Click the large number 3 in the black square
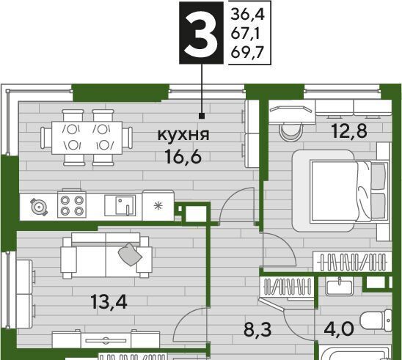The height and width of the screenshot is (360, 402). click(x=202, y=33)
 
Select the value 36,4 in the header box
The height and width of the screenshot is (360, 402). click(x=247, y=14)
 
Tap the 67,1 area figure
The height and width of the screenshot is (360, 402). click(x=245, y=34)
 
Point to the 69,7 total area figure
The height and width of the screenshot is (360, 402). click(x=247, y=53)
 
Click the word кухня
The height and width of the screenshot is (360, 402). click(x=183, y=135)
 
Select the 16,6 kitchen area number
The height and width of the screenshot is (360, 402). click(x=183, y=157)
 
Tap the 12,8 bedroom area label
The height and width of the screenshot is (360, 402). click(x=349, y=131)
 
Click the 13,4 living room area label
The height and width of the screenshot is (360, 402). click(x=109, y=301)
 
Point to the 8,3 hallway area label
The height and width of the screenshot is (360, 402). click(x=257, y=329)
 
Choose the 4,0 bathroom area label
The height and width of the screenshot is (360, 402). click(x=339, y=328)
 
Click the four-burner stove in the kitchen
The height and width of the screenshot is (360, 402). click(x=72, y=204)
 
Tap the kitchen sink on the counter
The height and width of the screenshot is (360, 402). click(x=120, y=205)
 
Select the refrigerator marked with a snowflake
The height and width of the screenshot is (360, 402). click(x=158, y=205)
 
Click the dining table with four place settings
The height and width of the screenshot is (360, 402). click(x=87, y=138)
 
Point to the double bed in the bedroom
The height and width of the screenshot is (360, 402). click(x=340, y=191)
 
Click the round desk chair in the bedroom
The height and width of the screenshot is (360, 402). click(x=290, y=131)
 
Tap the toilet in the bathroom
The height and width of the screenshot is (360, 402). click(x=376, y=320)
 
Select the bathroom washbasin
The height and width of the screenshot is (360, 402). click(x=339, y=287)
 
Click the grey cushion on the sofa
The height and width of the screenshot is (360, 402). click(x=130, y=254)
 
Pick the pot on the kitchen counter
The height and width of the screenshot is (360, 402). click(x=39, y=206)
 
